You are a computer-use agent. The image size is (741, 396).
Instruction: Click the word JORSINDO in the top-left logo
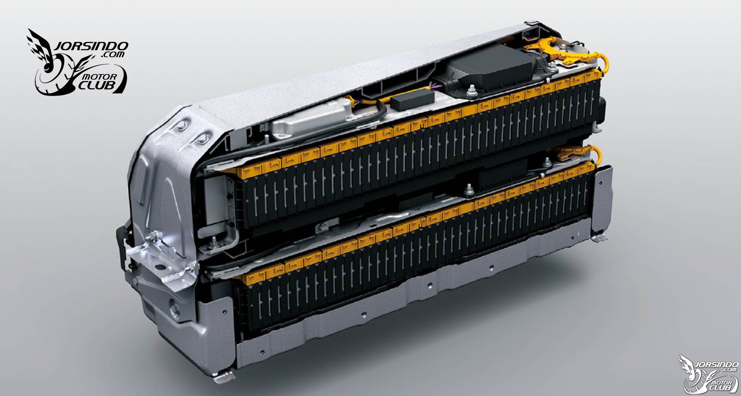coord(91,46)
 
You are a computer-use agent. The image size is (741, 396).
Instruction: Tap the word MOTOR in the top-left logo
coord(100,77)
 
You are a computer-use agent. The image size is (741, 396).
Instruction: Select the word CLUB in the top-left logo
coord(97,86)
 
